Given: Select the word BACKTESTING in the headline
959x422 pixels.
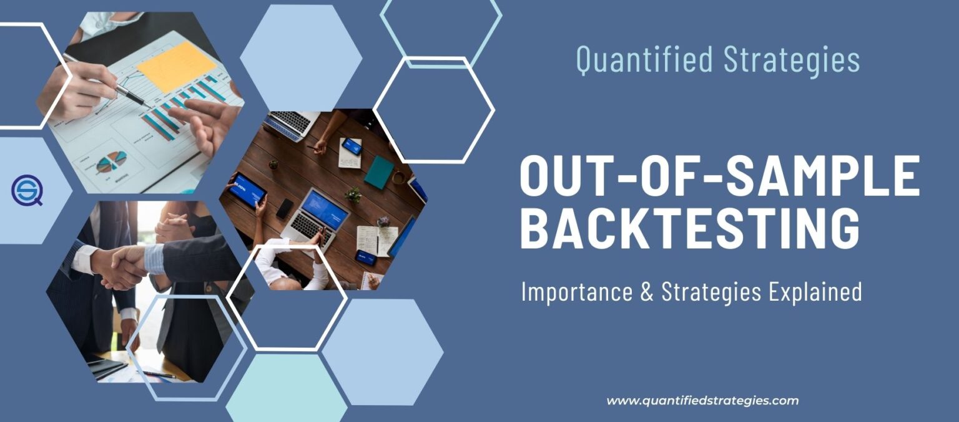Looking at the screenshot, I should point(690,229).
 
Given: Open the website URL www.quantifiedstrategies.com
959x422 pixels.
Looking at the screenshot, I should point(702,401).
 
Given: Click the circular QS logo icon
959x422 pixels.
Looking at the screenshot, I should point(26,190).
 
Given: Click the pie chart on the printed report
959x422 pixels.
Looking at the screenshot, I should point(111,162).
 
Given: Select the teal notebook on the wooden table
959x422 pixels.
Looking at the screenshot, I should point(379,172).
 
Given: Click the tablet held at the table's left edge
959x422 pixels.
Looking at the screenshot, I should point(247,191).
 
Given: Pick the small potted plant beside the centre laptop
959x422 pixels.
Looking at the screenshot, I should point(354,195).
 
